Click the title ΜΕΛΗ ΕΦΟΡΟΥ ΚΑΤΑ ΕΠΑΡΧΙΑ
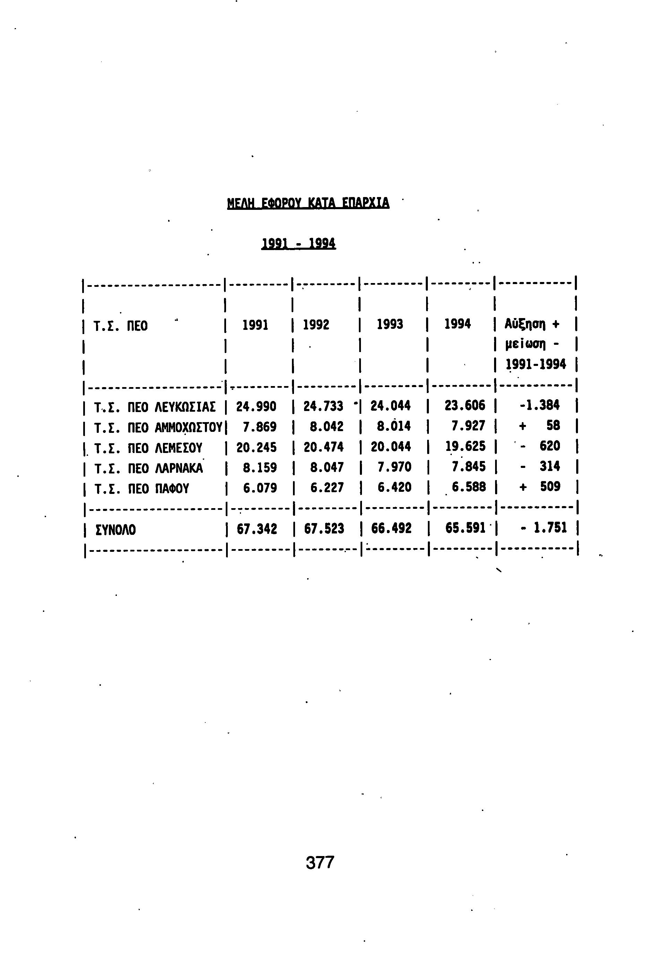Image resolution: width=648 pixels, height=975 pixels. point(308,203)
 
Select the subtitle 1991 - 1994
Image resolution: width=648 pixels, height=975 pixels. point(299,243)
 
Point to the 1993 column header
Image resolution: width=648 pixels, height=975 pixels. point(390,324)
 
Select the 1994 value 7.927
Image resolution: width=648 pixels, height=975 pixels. point(468,426)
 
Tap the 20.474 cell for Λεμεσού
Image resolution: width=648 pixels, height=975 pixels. point(323,447)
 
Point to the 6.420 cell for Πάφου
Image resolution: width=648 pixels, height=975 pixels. point(394,487)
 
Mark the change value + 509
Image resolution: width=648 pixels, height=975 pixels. point(540,487)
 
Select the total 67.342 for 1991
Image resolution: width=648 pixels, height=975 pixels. point(257,529)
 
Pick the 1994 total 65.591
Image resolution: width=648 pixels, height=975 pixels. point(465,528)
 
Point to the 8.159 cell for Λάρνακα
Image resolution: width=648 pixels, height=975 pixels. point(260,468)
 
